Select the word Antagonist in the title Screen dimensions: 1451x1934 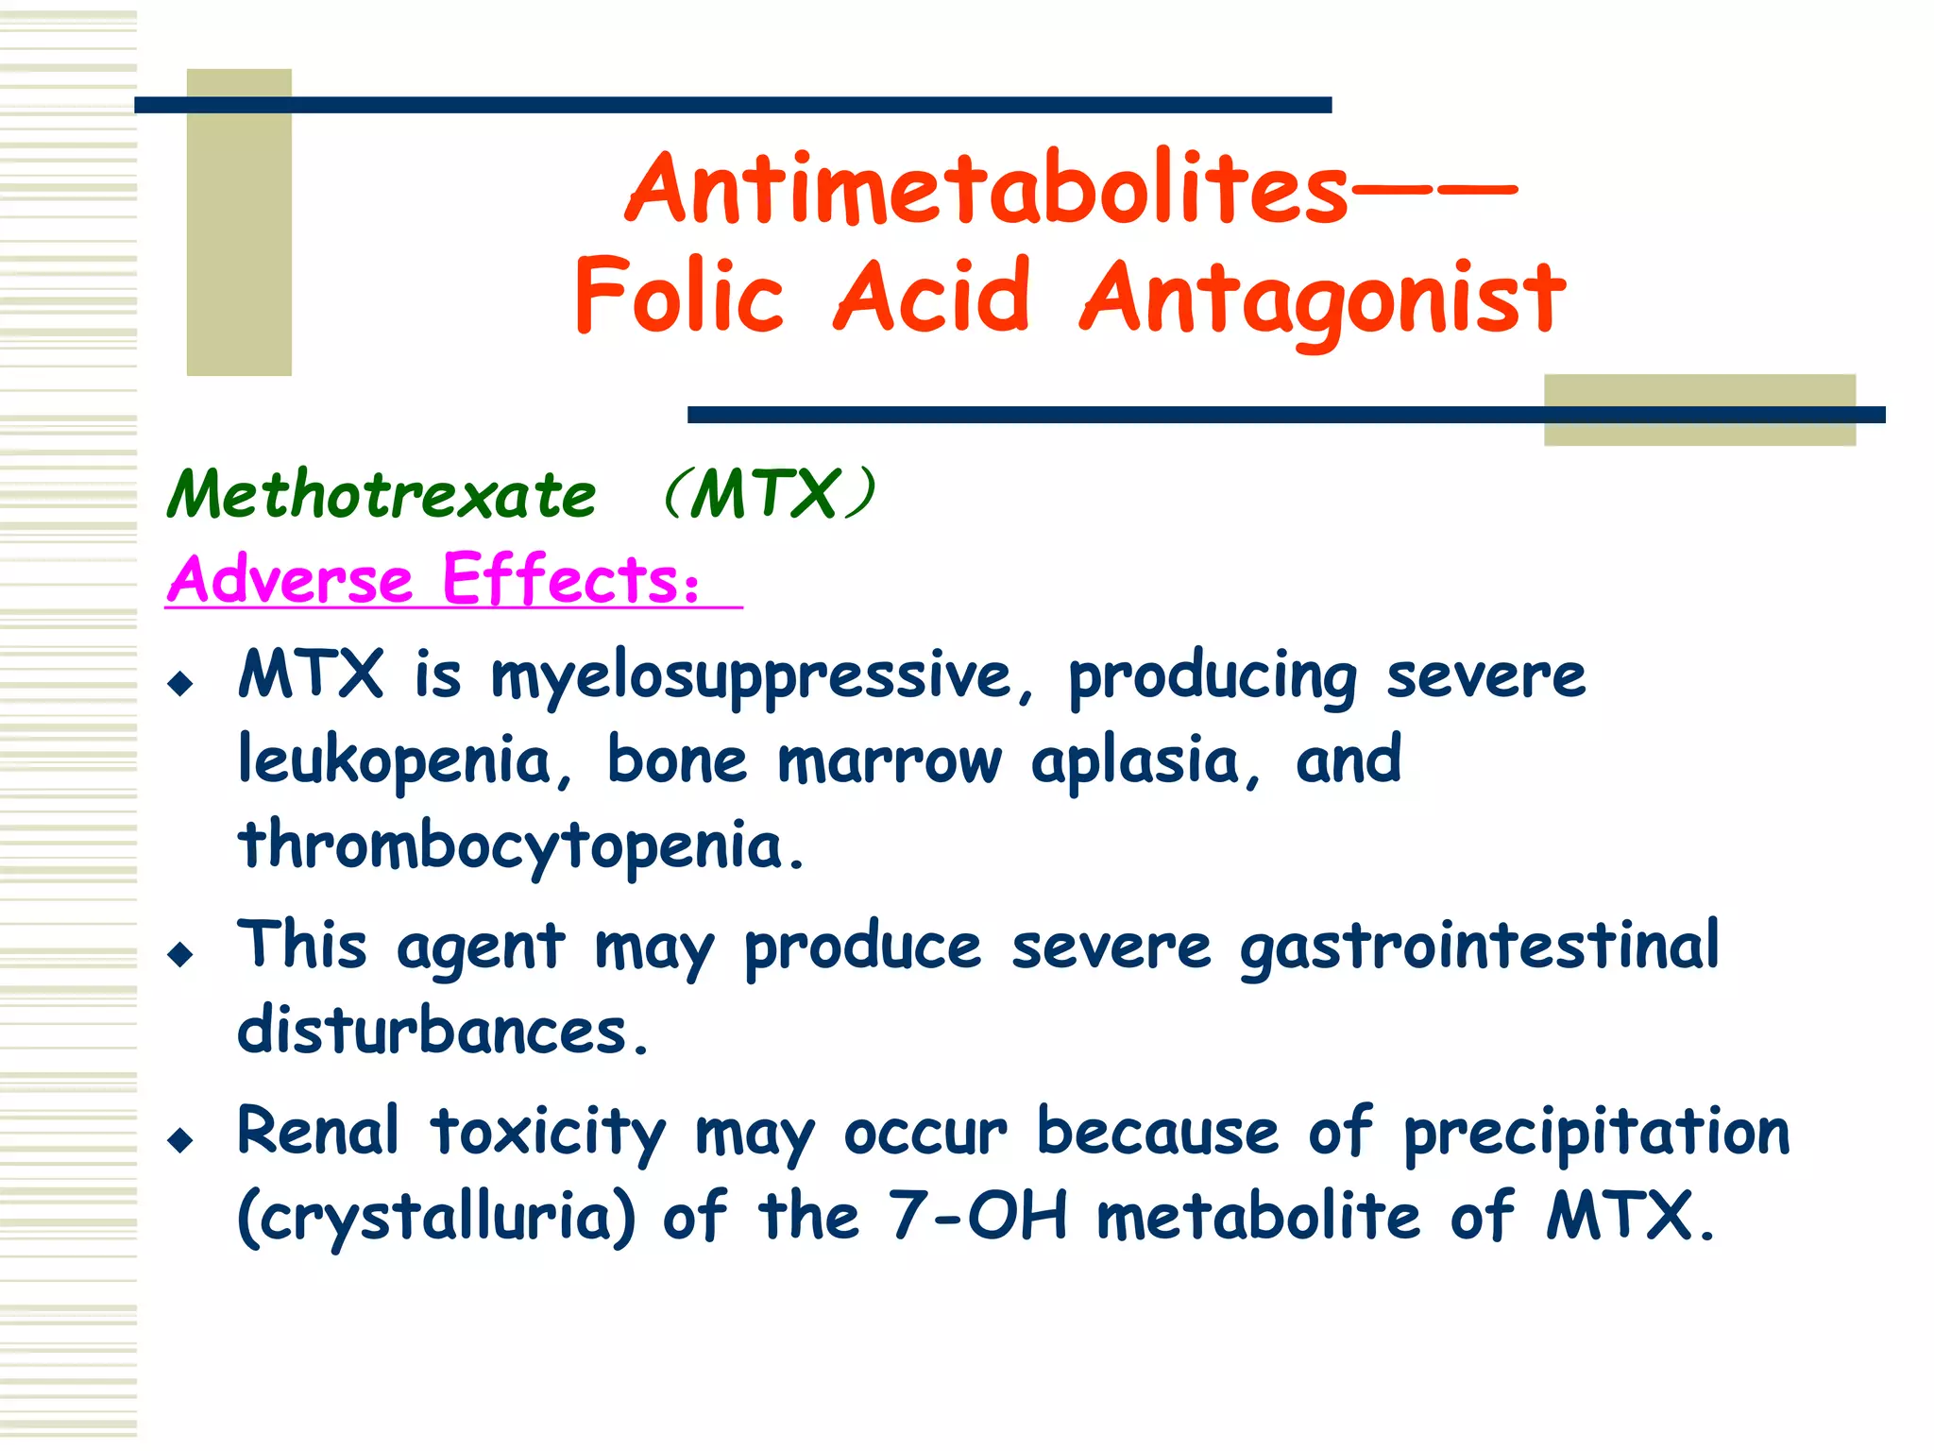[x=1322, y=299]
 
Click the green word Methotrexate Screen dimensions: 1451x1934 [x=382, y=495]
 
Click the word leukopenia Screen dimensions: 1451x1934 [x=394, y=761]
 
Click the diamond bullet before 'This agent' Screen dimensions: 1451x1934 [x=179, y=954]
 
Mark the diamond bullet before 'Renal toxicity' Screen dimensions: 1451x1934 [x=179, y=1139]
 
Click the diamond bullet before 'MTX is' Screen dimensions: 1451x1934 [x=179, y=683]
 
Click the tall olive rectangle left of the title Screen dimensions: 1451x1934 [x=239, y=222]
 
